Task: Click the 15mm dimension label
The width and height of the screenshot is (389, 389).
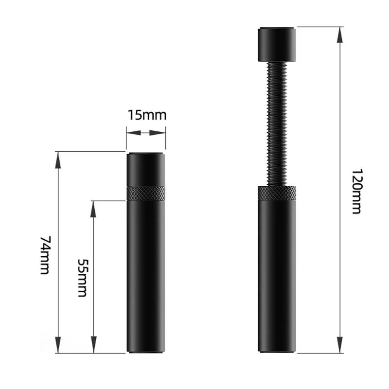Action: (147, 115)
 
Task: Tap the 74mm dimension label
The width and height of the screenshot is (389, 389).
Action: (45, 255)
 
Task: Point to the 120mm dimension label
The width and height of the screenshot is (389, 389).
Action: (356, 192)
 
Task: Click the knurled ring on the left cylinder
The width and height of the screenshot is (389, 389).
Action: (146, 194)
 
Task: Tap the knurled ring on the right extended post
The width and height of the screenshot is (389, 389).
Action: (277, 193)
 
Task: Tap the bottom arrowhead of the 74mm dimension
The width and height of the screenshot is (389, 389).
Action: (58, 345)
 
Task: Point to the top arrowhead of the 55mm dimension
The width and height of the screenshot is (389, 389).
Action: (94, 209)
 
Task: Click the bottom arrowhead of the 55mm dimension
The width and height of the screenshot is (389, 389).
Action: (94, 345)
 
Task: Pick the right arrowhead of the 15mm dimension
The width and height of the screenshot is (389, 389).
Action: (159, 132)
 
